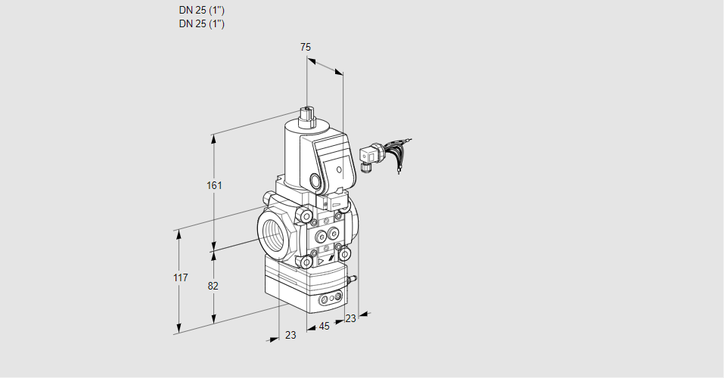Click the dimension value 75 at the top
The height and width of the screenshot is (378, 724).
coord(305,47)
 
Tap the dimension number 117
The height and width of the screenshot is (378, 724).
coord(179,278)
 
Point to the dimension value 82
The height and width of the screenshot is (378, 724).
coord(213,286)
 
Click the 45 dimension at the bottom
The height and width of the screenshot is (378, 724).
coord(324,327)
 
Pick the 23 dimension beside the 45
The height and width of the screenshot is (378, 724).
coord(291,335)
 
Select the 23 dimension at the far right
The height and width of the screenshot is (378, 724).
coord(350,319)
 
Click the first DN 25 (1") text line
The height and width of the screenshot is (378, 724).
coord(202,11)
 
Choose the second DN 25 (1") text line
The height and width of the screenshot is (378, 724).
coord(202,23)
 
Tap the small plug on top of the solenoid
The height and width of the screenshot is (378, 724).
coord(308,116)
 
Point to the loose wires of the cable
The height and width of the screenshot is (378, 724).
coord(398,155)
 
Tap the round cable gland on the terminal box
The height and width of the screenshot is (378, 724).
coord(314,181)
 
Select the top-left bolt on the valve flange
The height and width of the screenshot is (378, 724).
coord(306,218)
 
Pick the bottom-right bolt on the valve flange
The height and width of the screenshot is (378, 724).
coord(346,254)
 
